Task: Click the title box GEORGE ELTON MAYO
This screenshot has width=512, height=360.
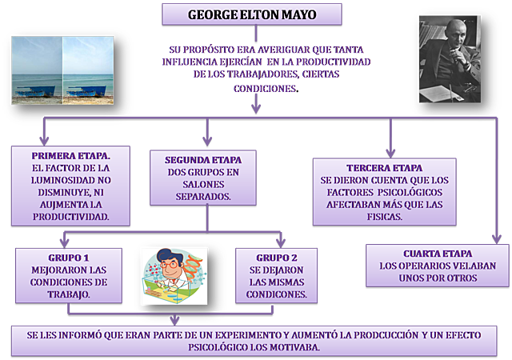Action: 252,14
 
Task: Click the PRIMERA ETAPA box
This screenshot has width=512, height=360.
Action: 70,185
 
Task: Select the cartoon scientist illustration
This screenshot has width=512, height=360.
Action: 178,276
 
